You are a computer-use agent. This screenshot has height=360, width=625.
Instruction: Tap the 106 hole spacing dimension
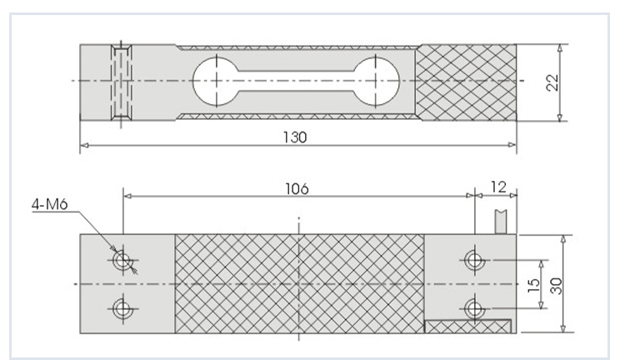297,188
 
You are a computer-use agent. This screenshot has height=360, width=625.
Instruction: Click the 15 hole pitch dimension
532,284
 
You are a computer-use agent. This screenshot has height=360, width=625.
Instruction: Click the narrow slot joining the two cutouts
296,81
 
